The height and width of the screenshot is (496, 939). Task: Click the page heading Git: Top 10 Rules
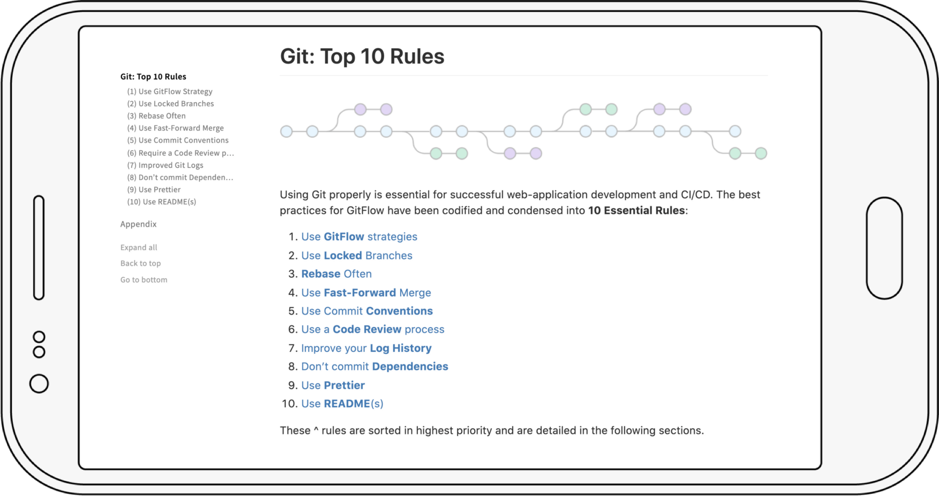click(362, 56)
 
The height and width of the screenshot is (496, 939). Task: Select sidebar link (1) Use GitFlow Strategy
click(169, 91)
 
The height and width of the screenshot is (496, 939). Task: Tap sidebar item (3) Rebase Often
click(156, 116)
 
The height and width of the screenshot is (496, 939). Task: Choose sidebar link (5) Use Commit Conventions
click(177, 140)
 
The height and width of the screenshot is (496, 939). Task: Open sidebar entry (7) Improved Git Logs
click(165, 165)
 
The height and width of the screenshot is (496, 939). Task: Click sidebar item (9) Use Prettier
click(154, 190)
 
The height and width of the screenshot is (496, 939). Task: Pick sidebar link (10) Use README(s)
click(161, 202)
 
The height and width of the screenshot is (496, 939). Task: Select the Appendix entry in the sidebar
click(138, 224)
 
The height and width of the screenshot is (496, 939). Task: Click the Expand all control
click(139, 247)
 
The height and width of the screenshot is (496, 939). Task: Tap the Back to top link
click(140, 263)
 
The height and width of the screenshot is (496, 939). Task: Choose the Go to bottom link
click(144, 280)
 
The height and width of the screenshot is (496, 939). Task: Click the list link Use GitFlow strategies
click(359, 237)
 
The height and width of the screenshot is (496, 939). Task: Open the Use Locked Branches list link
click(356, 256)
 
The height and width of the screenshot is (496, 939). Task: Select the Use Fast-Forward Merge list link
click(366, 293)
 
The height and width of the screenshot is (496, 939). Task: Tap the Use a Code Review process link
click(372, 330)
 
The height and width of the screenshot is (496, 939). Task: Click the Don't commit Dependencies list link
click(374, 366)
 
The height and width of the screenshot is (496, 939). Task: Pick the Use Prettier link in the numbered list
click(333, 386)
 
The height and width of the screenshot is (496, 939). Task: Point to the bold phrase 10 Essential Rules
click(636, 211)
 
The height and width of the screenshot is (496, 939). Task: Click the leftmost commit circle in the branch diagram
click(286, 132)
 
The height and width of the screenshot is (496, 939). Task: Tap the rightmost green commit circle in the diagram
click(761, 153)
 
